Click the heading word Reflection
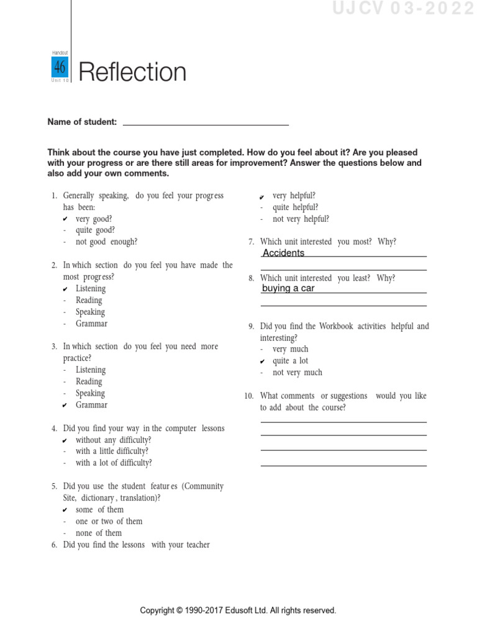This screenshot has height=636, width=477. pyautogui.click(x=133, y=73)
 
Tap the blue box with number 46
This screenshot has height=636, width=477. pyautogui.click(x=60, y=67)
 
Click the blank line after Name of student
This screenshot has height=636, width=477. pyautogui.click(x=206, y=122)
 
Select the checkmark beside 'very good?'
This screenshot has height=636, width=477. pyautogui.click(x=66, y=219)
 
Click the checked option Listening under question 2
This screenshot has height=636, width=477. pyautogui.click(x=91, y=289)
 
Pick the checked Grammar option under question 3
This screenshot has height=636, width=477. pyautogui.click(x=91, y=405)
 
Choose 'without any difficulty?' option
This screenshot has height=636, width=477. pyautogui.click(x=113, y=440)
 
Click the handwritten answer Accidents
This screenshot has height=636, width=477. pyautogui.click(x=283, y=253)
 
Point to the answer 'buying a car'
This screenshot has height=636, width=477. pyautogui.click(x=288, y=288)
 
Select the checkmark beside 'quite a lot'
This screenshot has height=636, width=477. pyautogui.click(x=263, y=361)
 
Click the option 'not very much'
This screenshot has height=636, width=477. pyautogui.click(x=297, y=373)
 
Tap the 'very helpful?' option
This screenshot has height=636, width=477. pyautogui.click(x=294, y=196)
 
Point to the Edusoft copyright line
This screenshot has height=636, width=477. pyautogui.click(x=238, y=611)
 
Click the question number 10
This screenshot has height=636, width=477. pyautogui.click(x=249, y=396)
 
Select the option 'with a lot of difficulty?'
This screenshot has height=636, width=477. pyautogui.click(x=114, y=463)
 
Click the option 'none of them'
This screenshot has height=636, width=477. pyautogui.click(x=99, y=533)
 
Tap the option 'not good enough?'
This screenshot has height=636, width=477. pyautogui.click(x=106, y=242)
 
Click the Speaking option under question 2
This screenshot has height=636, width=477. pyautogui.click(x=90, y=312)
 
